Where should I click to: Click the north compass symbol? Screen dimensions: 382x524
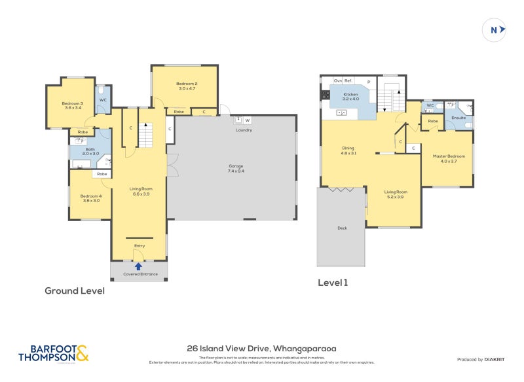(496, 29)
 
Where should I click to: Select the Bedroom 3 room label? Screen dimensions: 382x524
(72, 105)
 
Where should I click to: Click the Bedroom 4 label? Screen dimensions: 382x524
(91, 198)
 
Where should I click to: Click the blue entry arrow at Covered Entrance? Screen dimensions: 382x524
(138, 266)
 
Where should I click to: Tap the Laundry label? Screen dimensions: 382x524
(244, 130)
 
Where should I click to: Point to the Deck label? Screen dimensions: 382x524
(341, 228)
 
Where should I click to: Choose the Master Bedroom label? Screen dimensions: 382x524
(449, 158)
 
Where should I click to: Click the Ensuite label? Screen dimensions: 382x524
(458, 118)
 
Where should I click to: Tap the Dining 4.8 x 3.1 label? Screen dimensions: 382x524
(348, 150)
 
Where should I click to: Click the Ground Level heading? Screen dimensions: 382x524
(74, 291)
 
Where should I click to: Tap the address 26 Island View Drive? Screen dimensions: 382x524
(261, 349)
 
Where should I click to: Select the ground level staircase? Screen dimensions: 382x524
(149, 136)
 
